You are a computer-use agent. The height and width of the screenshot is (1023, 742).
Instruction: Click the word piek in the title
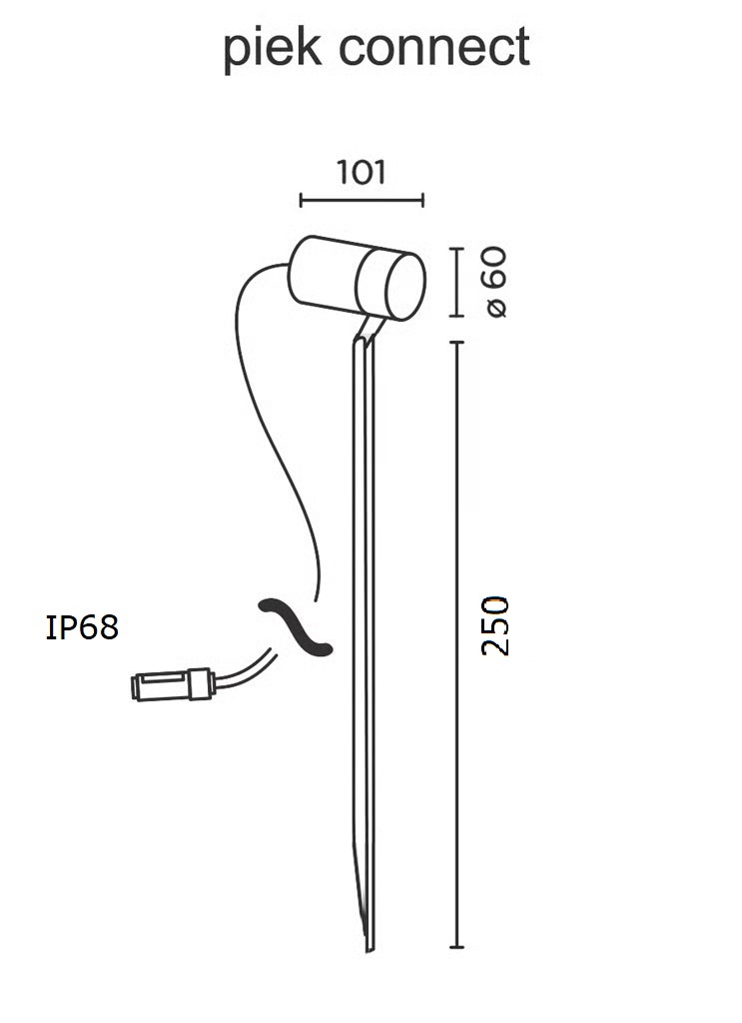point(272,48)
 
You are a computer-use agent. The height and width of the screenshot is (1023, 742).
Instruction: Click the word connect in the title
point(434,47)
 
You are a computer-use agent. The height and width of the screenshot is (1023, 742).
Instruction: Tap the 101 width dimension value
point(362,172)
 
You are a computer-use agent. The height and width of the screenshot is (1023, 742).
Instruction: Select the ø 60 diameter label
point(496,281)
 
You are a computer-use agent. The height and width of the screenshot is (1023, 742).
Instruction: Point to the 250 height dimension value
point(495,625)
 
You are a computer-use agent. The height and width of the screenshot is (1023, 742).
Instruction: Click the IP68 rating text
point(82,627)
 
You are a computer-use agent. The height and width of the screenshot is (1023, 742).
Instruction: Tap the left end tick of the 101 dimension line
point(301,200)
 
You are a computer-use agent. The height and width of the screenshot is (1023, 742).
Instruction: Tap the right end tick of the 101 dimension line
point(423,200)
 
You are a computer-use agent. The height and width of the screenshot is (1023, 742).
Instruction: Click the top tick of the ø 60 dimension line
point(456,249)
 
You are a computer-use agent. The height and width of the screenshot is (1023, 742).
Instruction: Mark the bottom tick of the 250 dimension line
point(456,947)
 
